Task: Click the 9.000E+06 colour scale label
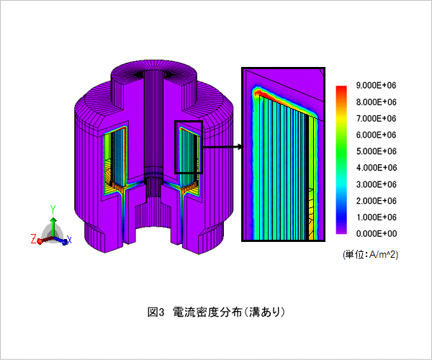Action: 376,86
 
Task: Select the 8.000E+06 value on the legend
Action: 376,102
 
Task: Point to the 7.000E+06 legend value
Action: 376,118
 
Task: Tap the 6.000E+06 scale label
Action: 376,135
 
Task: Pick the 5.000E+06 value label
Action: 376,151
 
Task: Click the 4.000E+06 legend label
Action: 376,168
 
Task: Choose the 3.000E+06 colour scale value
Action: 376,184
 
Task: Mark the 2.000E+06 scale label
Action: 376,201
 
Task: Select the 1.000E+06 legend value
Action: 376,217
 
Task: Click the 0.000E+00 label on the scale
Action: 376,233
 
